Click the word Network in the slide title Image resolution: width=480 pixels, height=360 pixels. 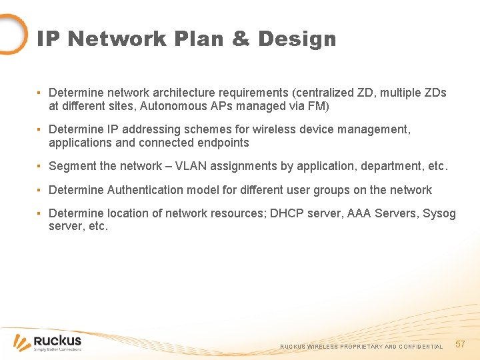coord(116,39)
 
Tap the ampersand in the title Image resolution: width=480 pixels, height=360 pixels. coord(241,39)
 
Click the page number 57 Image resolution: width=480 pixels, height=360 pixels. coord(459,344)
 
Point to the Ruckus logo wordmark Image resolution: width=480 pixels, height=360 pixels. coord(57,341)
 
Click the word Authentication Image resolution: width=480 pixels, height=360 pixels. coord(143,190)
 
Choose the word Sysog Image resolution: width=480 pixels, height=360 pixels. coord(439,213)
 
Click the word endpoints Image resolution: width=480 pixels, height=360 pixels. coord(223,143)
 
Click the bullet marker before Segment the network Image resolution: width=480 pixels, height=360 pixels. coord(40,166)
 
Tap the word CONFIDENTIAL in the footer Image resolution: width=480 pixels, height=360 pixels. coord(421,347)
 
